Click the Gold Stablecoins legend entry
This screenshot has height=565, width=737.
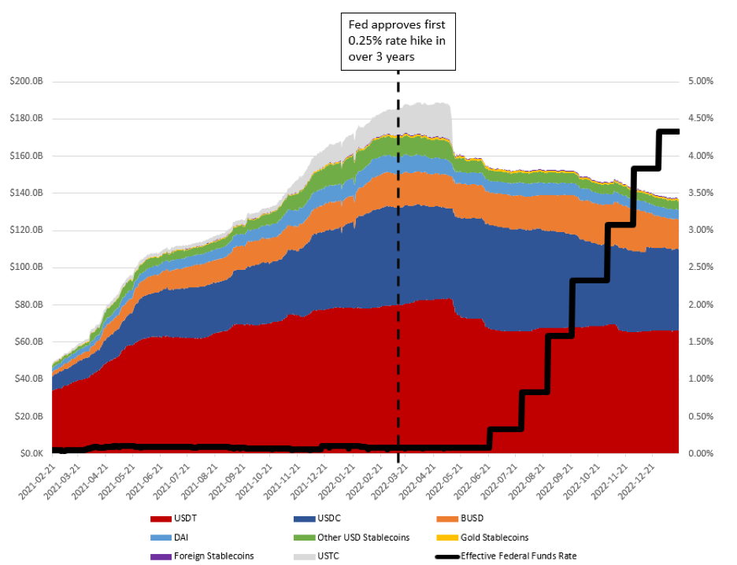(495, 537)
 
